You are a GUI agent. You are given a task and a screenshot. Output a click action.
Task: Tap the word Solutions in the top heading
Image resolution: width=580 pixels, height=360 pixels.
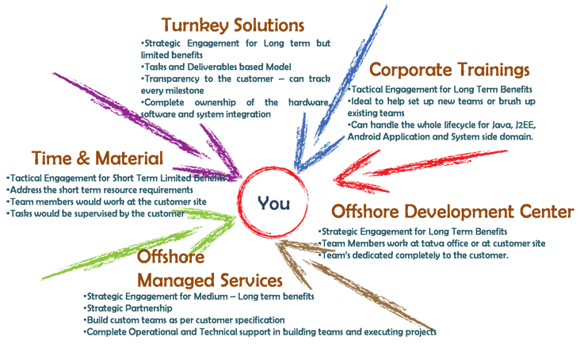pos(269,25)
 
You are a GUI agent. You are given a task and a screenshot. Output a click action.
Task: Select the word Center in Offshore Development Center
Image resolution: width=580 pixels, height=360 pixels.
pos(542,213)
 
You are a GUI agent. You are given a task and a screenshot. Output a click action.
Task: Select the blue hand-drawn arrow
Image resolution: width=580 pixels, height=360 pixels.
pos(333,95)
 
